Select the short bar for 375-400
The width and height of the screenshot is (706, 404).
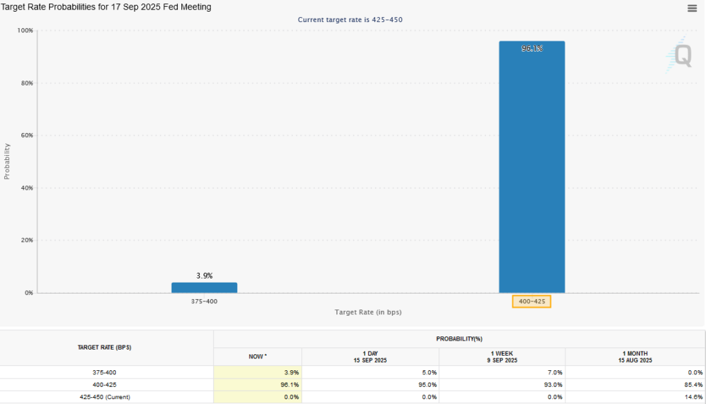click(x=204, y=287)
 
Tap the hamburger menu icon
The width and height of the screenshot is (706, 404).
click(x=692, y=8)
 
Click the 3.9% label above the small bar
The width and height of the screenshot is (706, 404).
click(x=204, y=276)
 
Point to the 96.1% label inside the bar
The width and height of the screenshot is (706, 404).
click(x=532, y=49)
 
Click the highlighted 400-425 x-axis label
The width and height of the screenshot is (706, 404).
click(x=532, y=301)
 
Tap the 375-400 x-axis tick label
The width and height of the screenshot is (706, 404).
click(x=204, y=301)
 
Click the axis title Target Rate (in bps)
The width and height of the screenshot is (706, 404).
click(x=368, y=312)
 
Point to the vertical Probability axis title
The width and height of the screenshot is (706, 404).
click(x=8, y=161)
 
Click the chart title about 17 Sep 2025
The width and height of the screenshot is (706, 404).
click(x=106, y=7)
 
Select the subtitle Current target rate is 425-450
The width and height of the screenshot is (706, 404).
click(x=350, y=20)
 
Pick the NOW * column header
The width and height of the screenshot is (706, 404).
click(x=257, y=356)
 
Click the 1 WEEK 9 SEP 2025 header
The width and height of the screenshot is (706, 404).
click(x=502, y=356)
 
